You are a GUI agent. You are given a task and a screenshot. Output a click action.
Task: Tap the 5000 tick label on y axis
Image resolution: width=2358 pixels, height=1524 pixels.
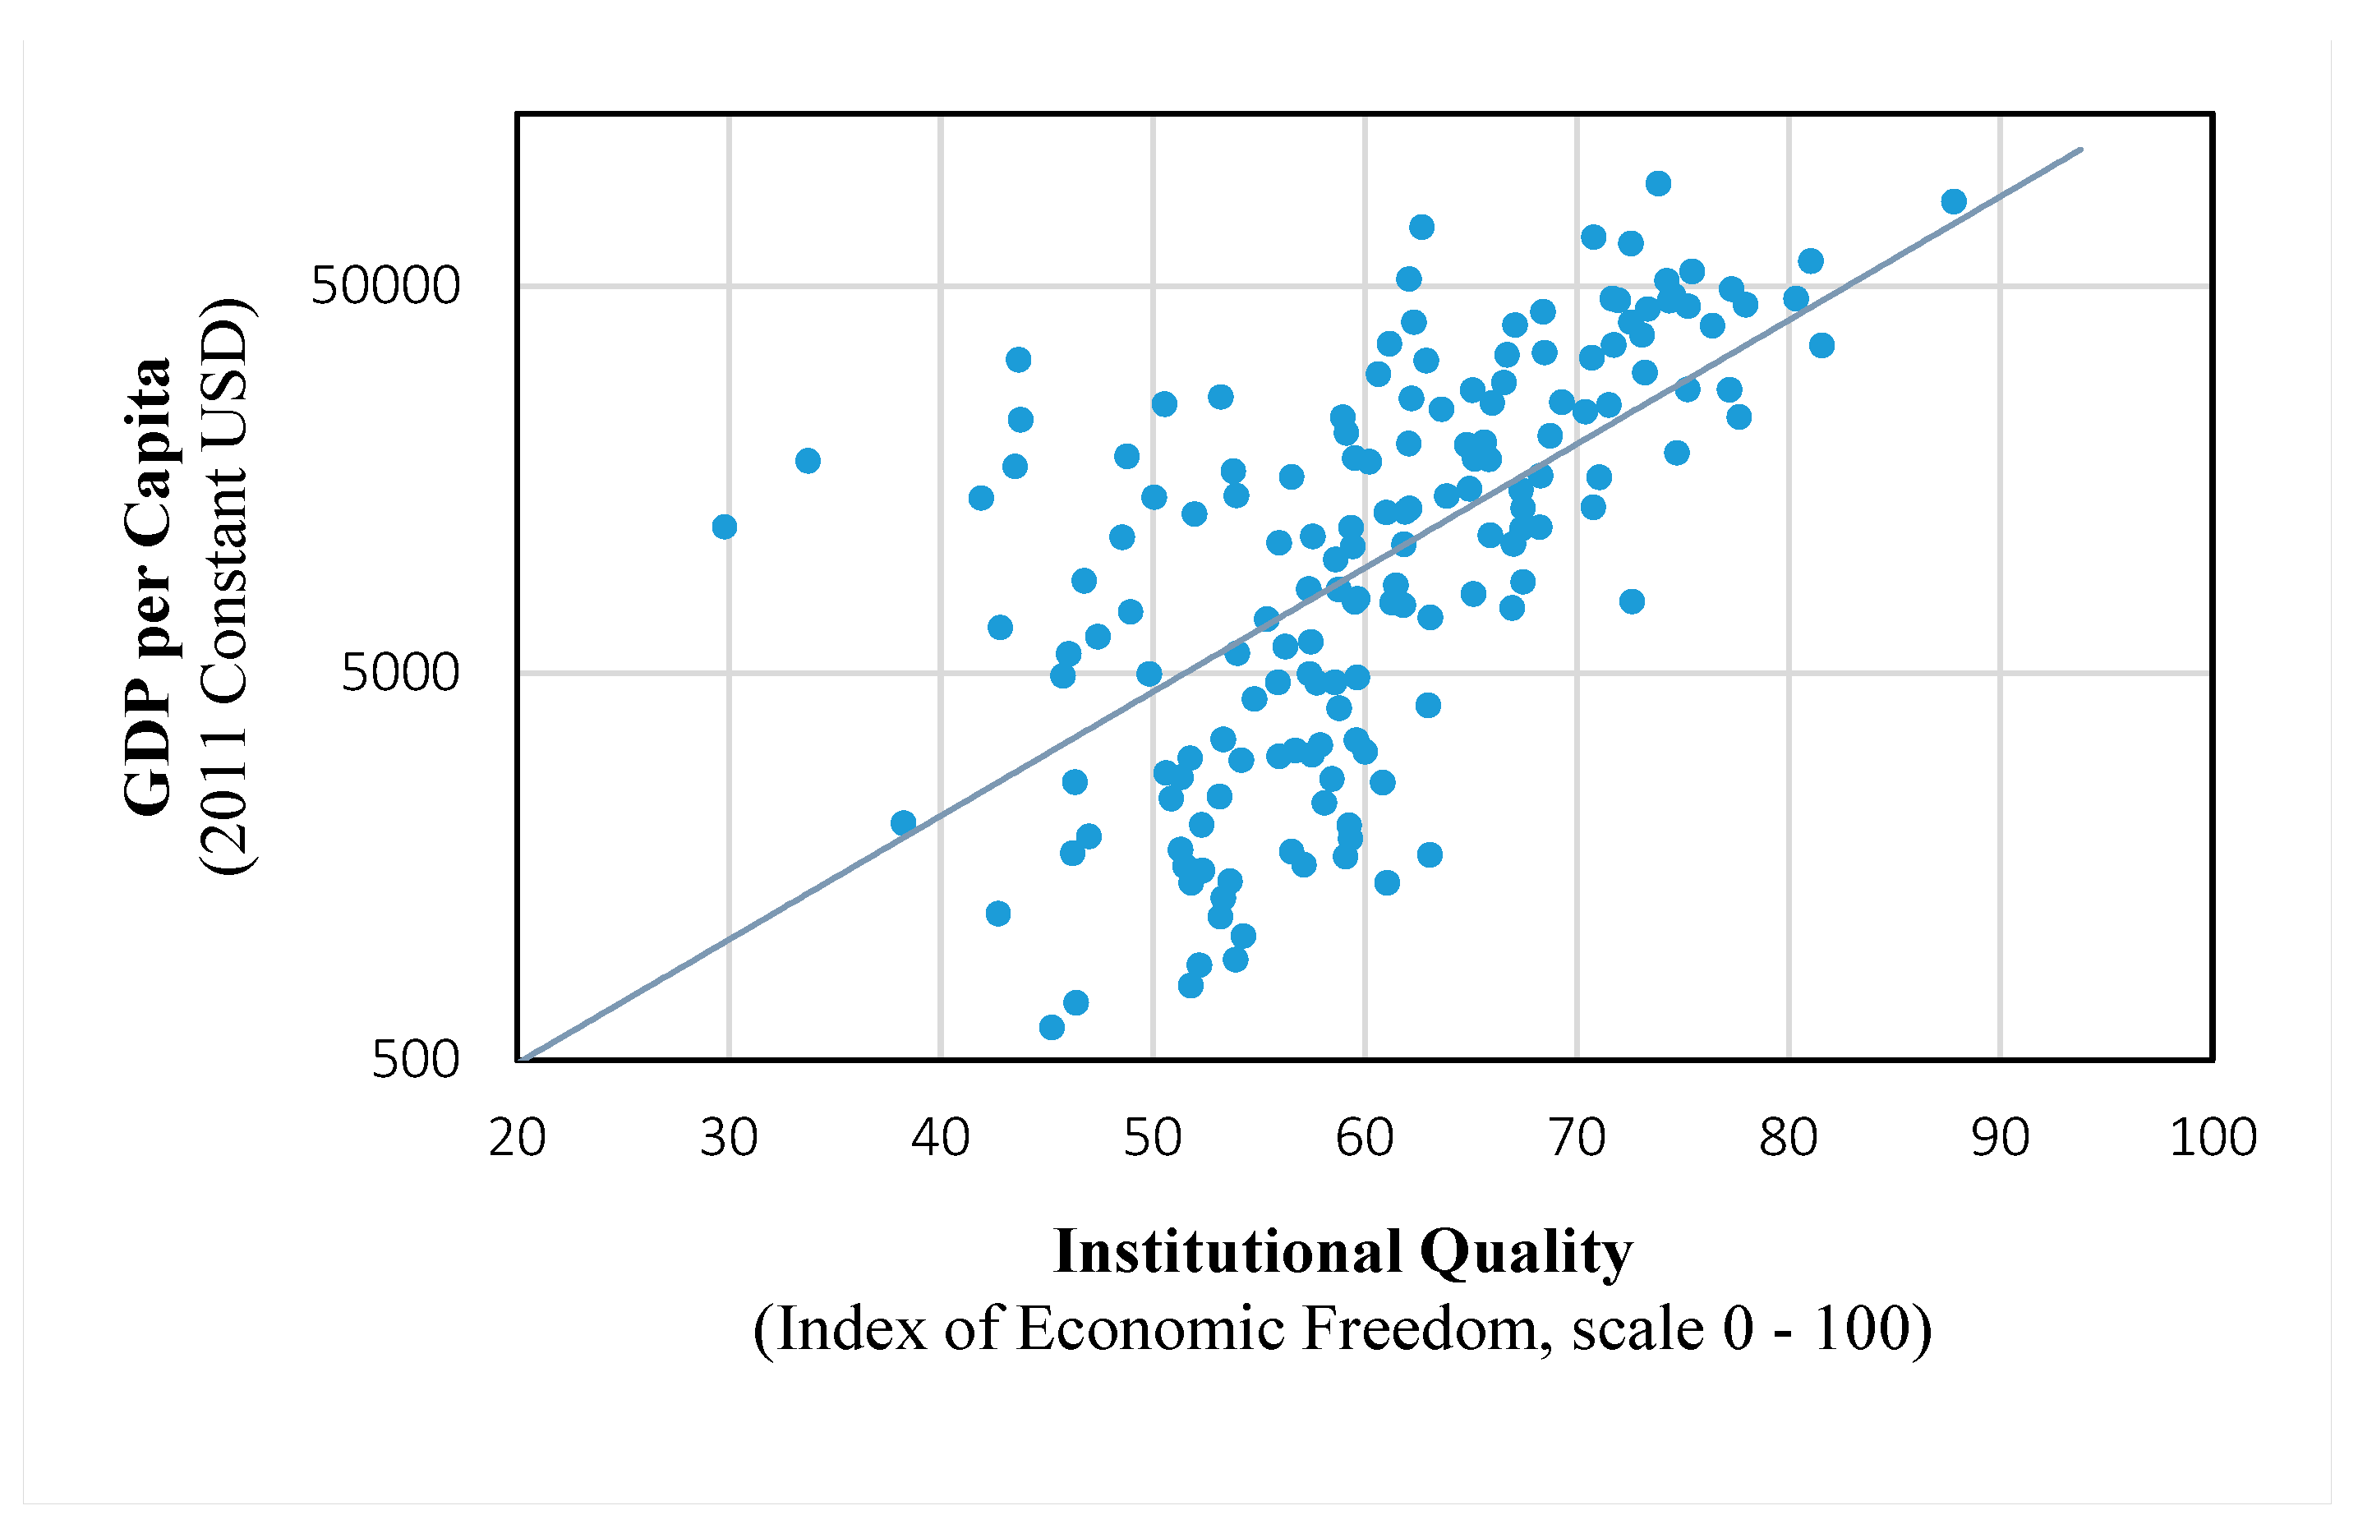point(400,673)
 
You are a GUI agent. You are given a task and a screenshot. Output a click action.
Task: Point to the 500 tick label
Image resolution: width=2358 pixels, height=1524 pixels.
point(416,1060)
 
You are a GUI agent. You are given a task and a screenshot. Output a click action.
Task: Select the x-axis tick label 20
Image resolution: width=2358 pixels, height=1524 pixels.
point(518,1138)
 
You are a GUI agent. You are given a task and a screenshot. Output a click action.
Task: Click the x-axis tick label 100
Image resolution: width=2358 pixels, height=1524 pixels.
point(2213,1138)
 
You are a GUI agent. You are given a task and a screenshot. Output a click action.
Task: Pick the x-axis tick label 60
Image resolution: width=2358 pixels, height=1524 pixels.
point(1365,1138)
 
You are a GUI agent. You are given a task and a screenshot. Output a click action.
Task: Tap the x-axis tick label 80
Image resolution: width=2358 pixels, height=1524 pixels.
point(1788,1138)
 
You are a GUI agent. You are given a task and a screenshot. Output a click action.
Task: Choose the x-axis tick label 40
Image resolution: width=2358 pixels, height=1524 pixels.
point(940,1138)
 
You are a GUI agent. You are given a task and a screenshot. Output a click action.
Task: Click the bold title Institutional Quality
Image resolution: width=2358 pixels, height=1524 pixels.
point(1342,1252)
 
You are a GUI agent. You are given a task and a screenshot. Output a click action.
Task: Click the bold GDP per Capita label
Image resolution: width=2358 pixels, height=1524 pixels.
point(149,587)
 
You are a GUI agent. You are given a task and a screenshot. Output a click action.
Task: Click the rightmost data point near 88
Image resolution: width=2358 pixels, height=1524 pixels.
point(1953,202)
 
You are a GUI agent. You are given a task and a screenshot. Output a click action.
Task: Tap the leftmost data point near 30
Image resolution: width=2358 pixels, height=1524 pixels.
point(725,527)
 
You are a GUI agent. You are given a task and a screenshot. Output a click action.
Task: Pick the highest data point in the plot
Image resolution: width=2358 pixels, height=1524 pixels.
point(1659,183)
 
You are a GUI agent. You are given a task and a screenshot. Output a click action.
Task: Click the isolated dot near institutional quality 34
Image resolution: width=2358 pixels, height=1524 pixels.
point(808,460)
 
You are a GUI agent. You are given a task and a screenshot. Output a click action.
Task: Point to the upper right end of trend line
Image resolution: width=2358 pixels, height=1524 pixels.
point(2081,150)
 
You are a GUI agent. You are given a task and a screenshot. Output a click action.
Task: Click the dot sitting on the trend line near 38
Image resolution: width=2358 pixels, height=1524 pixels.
point(902,822)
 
